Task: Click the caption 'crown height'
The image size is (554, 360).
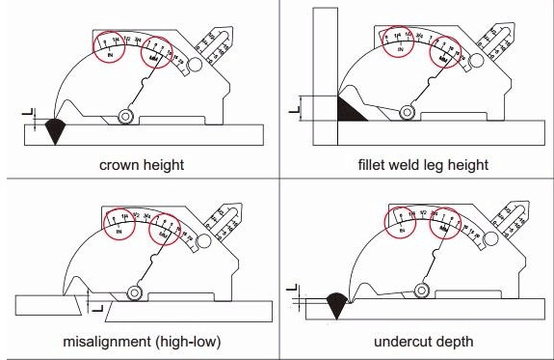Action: pyautogui.click(x=141, y=164)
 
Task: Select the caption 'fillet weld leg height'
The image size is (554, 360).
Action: pyautogui.click(x=421, y=164)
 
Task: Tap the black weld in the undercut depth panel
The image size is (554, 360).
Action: pyautogui.click(x=336, y=306)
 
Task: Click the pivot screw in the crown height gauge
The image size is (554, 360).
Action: pyautogui.click(x=125, y=116)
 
